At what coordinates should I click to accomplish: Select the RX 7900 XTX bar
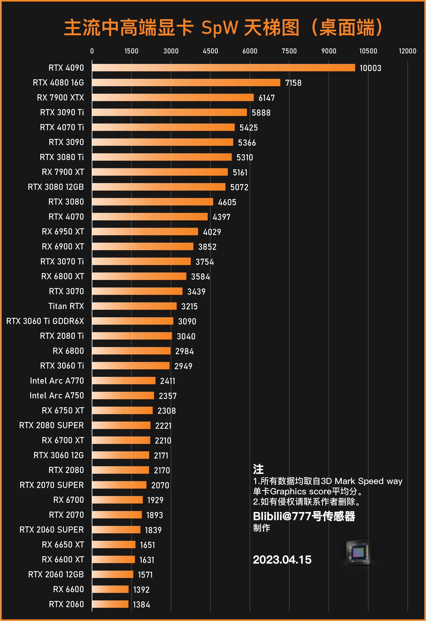pyautogui.click(x=173, y=97)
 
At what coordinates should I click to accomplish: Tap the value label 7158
pyautogui.click(x=293, y=83)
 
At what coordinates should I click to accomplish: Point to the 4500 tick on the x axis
pyautogui.click(x=210, y=51)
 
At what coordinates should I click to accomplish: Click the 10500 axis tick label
pyautogui.click(x=368, y=51)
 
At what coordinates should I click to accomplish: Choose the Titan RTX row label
pyautogui.click(x=66, y=306)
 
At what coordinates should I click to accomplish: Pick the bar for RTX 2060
pyautogui.click(x=110, y=604)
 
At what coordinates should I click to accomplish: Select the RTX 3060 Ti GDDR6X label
pyautogui.click(x=45, y=321)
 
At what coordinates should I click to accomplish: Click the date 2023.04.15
pyautogui.click(x=282, y=560)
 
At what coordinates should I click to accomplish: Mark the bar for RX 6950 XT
pyautogui.click(x=145, y=232)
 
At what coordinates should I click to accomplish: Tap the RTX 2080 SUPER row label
pyautogui.click(x=51, y=425)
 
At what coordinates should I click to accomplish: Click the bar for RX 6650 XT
pyautogui.click(x=114, y=544)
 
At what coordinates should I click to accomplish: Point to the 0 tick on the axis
pyautogui.click(x=92, y=51)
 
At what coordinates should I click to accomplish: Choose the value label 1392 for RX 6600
pyautogui.click(x=141, y=590)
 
